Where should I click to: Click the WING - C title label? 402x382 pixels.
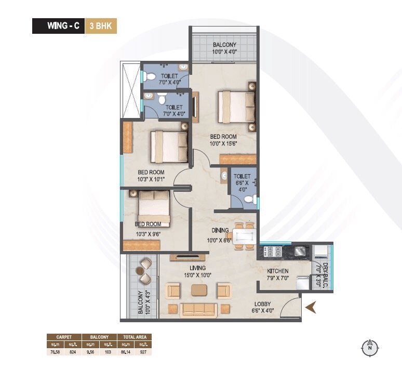coord(63,25)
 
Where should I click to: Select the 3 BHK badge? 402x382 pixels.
coord(101,25)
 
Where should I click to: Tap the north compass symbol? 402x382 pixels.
coord(369,348)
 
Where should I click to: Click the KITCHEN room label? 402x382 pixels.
coord(278,271)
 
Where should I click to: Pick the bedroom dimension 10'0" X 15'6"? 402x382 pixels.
coord(223,144)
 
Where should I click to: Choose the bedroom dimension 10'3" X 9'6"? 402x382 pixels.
coord(148,233)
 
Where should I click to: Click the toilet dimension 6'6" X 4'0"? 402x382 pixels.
coord(242,186)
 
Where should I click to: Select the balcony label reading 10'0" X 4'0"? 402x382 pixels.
coord(224,52)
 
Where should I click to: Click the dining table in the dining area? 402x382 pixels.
coord(243,236)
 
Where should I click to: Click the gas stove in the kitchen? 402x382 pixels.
coord(273,252)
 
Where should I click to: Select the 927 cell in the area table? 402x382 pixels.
coord(141,352)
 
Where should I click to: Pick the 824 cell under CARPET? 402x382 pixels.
coord(73,352)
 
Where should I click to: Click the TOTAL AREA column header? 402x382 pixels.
coord(135,337)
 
